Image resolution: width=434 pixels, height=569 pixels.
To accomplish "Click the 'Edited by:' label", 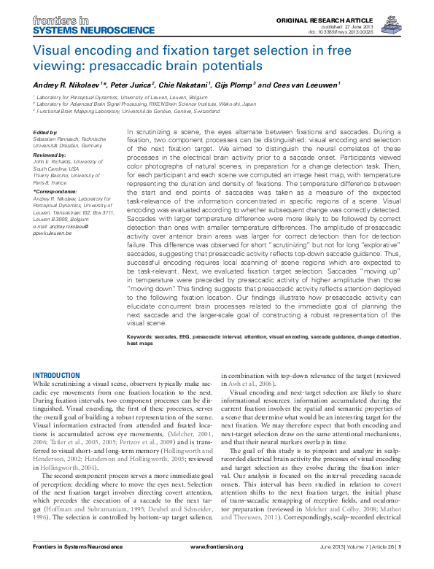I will pyautogui.click(x=46, y=131).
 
